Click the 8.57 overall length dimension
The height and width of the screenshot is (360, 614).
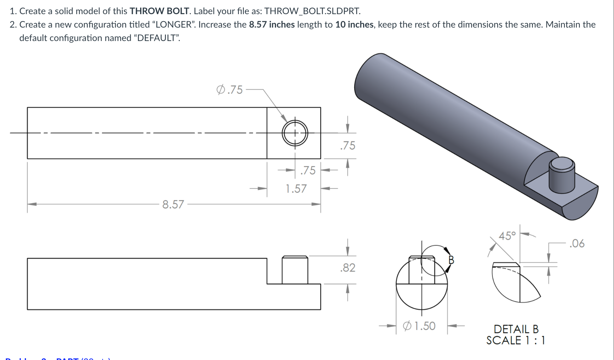[173, 204]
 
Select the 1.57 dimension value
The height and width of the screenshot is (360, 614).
[296, 189]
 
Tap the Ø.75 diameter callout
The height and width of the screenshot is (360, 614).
[230, 90]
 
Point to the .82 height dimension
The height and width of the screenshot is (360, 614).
[348, 268]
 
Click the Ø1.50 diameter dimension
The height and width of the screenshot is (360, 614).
[419, 326]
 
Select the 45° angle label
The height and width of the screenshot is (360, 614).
[507, 236]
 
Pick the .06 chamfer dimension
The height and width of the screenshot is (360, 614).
[577, 244]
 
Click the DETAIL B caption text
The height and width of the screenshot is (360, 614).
[516, 329]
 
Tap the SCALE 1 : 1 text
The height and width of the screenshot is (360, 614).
[516, 341]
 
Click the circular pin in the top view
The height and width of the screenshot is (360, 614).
[295, 133]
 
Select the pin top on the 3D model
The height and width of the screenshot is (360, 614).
[562, 164]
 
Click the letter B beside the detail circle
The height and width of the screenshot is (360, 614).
[451, 260]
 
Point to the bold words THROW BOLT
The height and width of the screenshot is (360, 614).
[159, 11]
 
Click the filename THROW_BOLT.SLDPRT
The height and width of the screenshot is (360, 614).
[312, 11]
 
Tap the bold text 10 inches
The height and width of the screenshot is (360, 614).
[354, 24]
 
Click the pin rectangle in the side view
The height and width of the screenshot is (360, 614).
[295, 270]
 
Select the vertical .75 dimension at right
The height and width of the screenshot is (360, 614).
[348, 146]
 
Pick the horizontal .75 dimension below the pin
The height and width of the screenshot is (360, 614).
[308, 170]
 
